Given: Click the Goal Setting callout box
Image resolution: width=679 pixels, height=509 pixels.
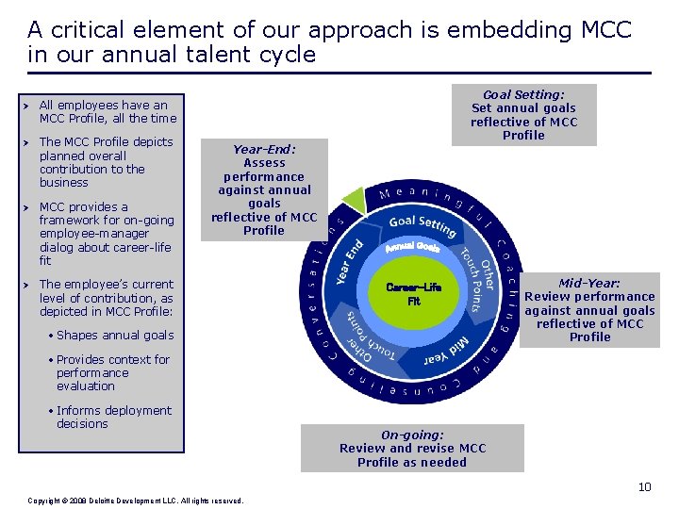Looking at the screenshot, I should coord(523,115).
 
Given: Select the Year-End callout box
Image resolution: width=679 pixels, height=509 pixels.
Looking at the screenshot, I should coord(264,189).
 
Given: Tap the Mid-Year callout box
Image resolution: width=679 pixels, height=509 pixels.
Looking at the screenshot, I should coord(589,309).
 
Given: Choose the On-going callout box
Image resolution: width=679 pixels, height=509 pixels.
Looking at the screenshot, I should coord(412,449).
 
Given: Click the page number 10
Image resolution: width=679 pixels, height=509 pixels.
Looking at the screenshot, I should coord(644,486).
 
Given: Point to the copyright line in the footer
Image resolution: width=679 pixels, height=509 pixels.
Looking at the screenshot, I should coord(136,500).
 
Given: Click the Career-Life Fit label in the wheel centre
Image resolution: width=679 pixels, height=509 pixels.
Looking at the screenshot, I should coord(413,294).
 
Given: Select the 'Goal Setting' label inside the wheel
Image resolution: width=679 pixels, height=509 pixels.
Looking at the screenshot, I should coord(422,225).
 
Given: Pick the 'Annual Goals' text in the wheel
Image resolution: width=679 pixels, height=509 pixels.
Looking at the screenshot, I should coord(412,248).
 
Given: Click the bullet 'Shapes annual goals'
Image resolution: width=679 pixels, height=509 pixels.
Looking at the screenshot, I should coord(115,336).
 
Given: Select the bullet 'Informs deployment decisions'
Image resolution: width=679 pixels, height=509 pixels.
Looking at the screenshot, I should coord(113,417).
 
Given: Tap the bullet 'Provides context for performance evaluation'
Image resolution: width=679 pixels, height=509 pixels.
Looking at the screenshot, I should coord(112,372).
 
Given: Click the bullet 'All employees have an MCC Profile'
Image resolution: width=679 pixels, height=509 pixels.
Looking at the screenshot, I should coord(107,112).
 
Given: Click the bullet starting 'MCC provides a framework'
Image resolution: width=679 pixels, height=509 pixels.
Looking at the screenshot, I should coord(107,234).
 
